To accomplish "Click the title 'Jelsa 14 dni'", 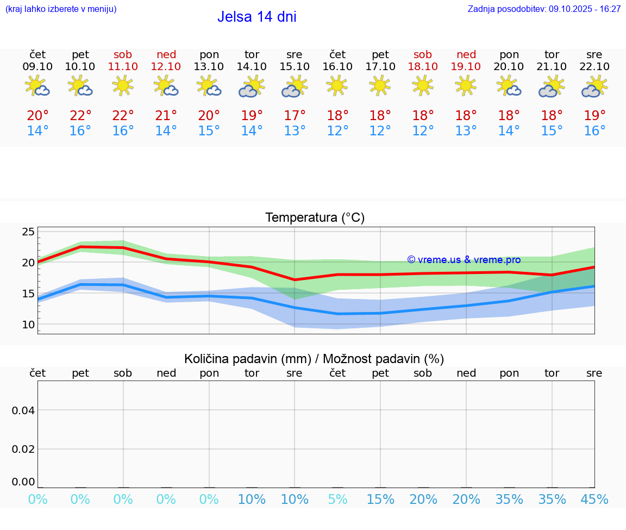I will click(x=256, y=17).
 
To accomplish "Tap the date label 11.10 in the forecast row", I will click(x=123, y=66).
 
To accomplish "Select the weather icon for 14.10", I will click(x=252, y=86).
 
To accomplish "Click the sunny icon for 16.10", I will click(x=337, y=85).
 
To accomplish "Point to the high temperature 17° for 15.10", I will click(x=295, y=116).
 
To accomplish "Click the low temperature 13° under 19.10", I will click(x=466, y=131).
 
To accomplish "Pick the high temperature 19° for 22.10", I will click(x=594, y=116).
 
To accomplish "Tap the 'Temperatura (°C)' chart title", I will click(x=315, y=217).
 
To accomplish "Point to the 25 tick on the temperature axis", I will click(x=28, y=232).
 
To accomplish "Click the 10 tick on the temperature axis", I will click(x=28, y=325).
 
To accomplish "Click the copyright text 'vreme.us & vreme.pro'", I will click(x=464, y=260).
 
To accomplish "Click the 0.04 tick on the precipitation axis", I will click(x=23, y=410).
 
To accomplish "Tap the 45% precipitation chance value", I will click(x=594, y=500).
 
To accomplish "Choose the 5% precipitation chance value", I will click(x=337, y=500).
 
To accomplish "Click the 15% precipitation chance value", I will click(x=380, y=500).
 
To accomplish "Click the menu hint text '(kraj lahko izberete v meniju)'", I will click(x=61, y=9).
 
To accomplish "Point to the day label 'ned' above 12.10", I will click(x=166, y=54).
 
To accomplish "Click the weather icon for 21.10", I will click(x=552, y=86).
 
